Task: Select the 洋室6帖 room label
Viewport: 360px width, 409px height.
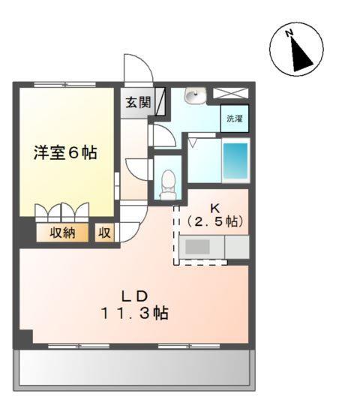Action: (64, 152)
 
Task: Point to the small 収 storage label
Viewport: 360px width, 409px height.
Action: (103, 233)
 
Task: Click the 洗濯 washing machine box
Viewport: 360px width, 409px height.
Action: (235, 119)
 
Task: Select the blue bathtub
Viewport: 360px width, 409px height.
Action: (235, 158)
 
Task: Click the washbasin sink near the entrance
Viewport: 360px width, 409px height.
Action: (195, 96)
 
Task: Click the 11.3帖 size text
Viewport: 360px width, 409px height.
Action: (135, 314)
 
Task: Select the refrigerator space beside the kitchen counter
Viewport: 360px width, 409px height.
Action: (236, 247)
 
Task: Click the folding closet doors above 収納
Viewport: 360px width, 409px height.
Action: (63, 212)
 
